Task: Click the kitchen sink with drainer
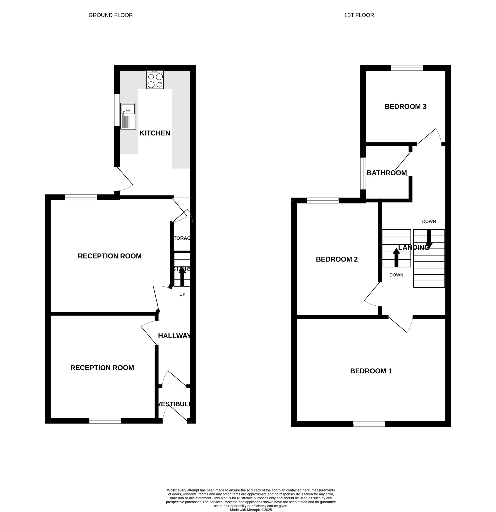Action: [128, 116]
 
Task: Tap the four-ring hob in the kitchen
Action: [155, 80]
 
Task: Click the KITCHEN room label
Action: [155, 133]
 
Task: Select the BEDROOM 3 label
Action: [405, 107]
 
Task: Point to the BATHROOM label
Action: [387, 173]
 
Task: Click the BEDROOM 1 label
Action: [371, 371]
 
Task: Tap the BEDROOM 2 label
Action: [337, 259]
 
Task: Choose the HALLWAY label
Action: [174, 336]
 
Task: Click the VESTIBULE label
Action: [174, 404]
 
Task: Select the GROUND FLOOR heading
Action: [110, 15]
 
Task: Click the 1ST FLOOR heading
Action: [359, 15]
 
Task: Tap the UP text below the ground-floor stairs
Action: [182, 294]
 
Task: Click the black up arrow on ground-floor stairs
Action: [182, 277]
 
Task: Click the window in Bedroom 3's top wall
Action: [407, 68]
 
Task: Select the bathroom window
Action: [363, 173]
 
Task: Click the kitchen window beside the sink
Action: [117, 110]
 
